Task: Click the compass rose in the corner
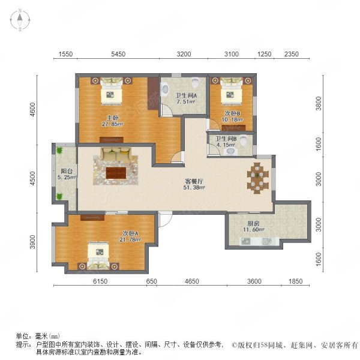pos(20,20)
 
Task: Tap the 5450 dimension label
pos(118,54)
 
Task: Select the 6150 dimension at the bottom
pos(100,281)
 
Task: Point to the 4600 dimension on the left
pos(33,109)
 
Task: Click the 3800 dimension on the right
pos(319,103)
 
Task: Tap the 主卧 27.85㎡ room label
pos(113,121)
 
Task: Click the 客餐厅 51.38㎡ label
pos(194,184)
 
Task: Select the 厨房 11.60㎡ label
pos(253,226)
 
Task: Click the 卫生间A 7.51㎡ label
pos(186,98)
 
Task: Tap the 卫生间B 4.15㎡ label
pos(226,142)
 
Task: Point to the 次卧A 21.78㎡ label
pos(130,236)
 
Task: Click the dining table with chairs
pos(257,178)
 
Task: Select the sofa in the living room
pos(116,154)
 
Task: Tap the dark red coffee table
pos(116,173)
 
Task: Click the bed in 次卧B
pos(232,91)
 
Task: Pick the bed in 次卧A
pos(99,255)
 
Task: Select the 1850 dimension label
pos(295,281)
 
